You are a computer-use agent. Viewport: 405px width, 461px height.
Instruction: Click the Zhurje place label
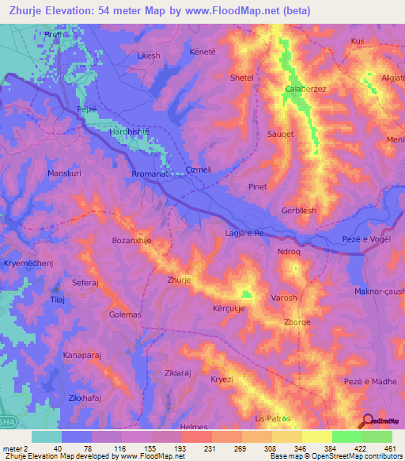click(180, 280)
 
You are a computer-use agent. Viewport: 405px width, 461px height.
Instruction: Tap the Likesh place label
click(149, 56)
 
